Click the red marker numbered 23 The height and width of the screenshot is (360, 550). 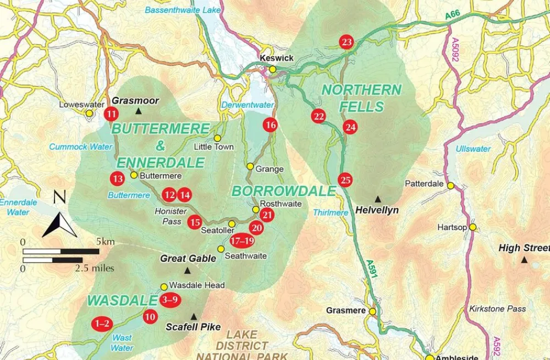(x=346, y=42)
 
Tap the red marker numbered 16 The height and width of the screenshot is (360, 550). (x=270, y=125)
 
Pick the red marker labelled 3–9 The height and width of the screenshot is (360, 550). (x=169, y=300)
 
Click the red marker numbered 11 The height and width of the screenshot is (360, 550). (x=112, y=114)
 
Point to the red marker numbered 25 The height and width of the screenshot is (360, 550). (x=345, y=180)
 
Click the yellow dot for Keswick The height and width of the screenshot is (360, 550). (x=272, y=69)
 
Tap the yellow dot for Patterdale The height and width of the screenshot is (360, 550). (x=450, y=186)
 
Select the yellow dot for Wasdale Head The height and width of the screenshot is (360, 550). (x=164, y=286)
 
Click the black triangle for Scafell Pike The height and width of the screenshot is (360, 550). (x=193, y=317)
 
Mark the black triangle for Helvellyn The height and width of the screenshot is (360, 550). (x=377, y=199)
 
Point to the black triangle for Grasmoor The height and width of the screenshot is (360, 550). (x=139, y=112)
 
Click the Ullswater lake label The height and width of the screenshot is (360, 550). (x=472, y=149)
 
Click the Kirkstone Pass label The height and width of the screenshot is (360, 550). (x=498, y=309)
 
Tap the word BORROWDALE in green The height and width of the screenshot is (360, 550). (x=283, y=191)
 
